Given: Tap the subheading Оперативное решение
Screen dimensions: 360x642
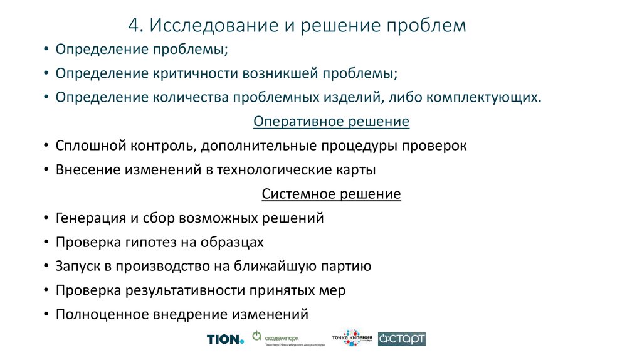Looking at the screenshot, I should [331, 121].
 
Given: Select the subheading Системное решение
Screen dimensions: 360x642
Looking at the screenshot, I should [331, 194].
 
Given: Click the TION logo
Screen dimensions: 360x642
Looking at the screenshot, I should [224, 339].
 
